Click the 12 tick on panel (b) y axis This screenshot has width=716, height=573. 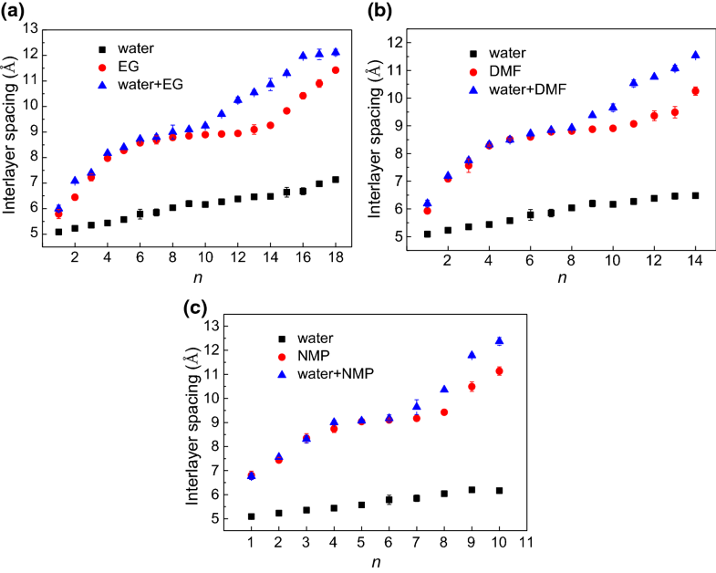tap(393, 42)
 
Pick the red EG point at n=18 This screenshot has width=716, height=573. tap(336, 69)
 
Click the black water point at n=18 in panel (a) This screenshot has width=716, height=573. tap(336, 179)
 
